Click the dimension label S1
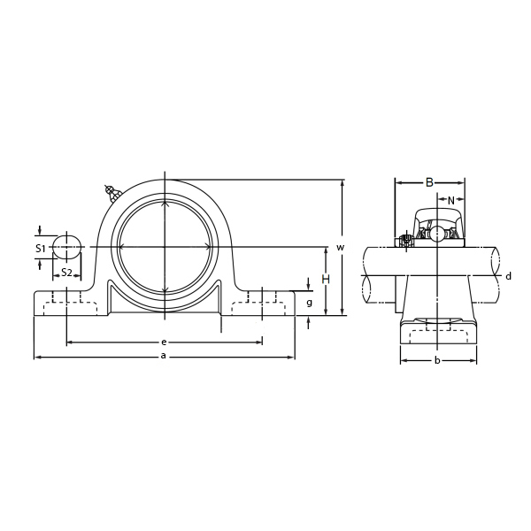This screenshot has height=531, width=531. click(41, 249)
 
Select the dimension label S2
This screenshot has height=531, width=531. click(66, 272)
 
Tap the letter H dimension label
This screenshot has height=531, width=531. click(326, 280)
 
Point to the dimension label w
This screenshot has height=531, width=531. click(339, 246)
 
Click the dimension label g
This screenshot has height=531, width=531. click(309, 302)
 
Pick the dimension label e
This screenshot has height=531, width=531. click(164, 342)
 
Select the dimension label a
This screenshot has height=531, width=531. click(162, 356)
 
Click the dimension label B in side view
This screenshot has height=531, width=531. click(429, 182)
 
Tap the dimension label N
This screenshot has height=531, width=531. click(450, 200)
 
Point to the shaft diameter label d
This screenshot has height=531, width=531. click(508, 276)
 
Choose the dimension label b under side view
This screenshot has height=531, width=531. click(436, 360)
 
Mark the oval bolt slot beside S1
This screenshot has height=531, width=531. click(66, 247)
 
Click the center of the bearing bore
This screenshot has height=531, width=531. click(165, 246)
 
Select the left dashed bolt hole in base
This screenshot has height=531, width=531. click(67, 306)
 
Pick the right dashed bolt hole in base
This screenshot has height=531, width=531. click(262, 306)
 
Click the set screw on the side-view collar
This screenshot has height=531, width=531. click(406, 238)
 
